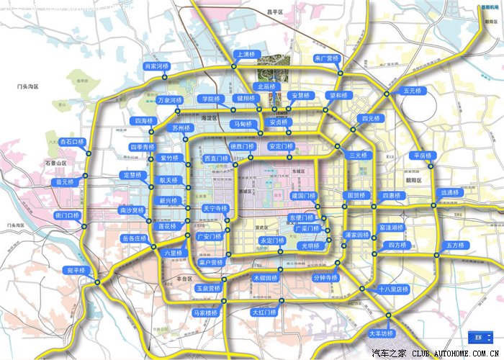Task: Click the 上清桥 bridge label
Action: click(245, 54)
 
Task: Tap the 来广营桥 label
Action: click(327, 58)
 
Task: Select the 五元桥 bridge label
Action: click(413, 91)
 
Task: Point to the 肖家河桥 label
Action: click(156, 66)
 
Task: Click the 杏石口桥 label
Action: click(71, 142)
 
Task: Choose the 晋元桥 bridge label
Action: click(65, 182)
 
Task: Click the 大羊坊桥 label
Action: click(382, 333)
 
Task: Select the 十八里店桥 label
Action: click(393, 289)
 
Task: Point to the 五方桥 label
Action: click(456, 245)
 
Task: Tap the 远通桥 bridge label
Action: click(451, 192)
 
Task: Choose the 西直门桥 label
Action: click(216, 158)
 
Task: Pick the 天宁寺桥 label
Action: click(215, 208)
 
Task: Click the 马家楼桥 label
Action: click(205, 312)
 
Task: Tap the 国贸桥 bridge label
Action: click(358, 195)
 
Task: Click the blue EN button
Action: click(478, 336)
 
